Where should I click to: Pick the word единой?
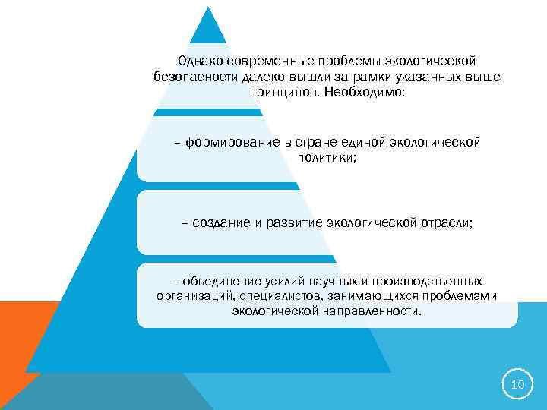point(359,143)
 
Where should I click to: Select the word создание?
point(221,222)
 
